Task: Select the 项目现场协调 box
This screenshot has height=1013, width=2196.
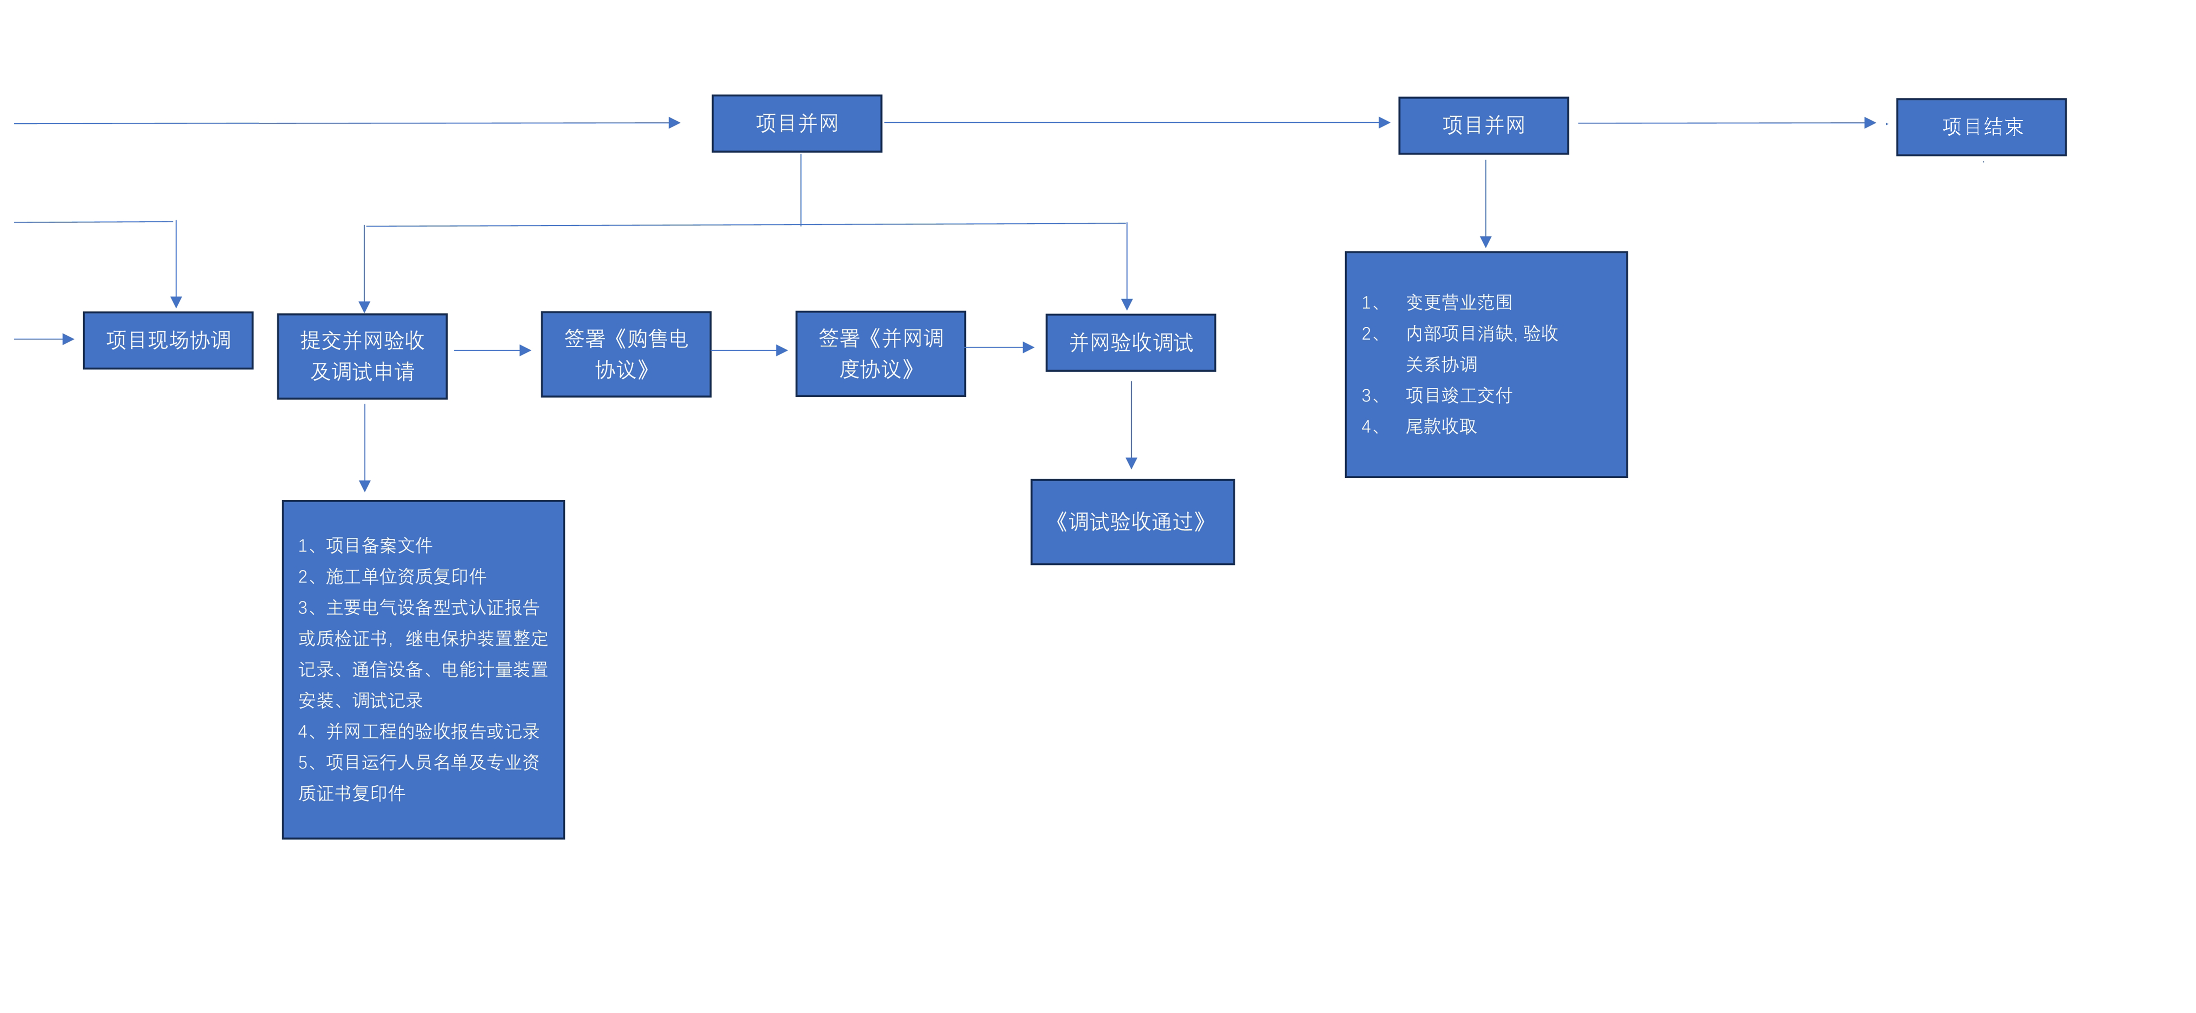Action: (168, 340)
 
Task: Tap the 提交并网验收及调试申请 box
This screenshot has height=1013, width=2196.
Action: (362, 356)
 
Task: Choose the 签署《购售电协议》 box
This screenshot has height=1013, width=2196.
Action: (626, 354)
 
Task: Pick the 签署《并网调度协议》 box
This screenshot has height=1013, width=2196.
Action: (881, 354)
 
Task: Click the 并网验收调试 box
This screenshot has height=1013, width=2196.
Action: (1130, 343)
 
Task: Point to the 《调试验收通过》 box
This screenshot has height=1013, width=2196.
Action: (1132, 522)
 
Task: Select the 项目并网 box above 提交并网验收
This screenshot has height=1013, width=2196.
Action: (797, 124)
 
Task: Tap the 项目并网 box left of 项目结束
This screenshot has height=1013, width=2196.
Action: (1483, 125)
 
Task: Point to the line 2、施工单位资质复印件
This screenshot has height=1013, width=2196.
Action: (392, 576)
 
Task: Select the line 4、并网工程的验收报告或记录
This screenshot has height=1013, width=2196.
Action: (419, 732)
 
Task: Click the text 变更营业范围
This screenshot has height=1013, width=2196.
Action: (1459, 303)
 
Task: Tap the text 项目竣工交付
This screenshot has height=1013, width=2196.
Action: (1459, 396)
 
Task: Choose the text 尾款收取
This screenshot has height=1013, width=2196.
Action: (1441, 426)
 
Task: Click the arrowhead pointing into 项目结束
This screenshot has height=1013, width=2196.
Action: (1870, 123)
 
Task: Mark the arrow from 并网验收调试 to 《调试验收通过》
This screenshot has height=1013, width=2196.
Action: (1131, 425)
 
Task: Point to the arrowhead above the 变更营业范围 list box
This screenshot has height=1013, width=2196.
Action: (1486, 242)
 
